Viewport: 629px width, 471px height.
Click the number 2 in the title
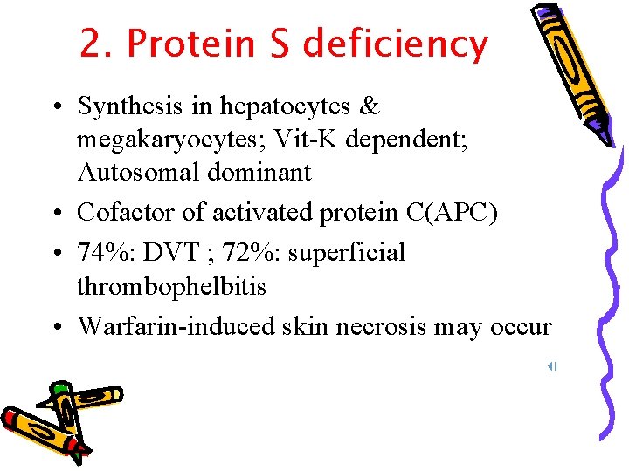pos(91,44)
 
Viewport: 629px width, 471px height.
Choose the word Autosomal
pos(138,172)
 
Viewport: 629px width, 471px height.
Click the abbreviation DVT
pos(171,252)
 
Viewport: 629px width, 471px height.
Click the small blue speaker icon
pos(552,367)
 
